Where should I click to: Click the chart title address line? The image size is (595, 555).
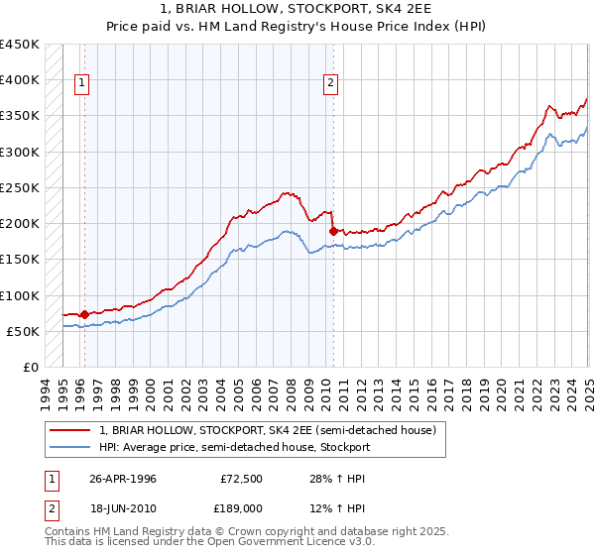[x=297, y=10]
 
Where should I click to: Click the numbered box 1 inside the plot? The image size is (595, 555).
[x=80, y=84]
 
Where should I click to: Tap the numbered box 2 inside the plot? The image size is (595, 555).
[x=329, y=84]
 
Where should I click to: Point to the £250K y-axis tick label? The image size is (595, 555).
[x=19, y=187]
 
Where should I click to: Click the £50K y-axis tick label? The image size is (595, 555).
[x=23, y=331]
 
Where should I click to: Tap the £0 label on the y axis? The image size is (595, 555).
[x=31, y=367]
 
